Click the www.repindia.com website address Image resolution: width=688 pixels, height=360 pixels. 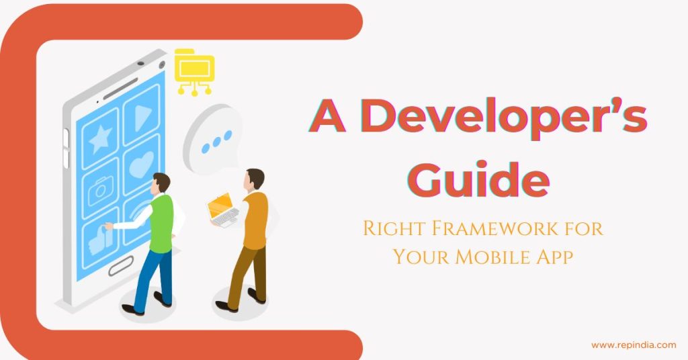tap(634, 345)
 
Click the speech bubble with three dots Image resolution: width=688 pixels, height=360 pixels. tap(214, 138)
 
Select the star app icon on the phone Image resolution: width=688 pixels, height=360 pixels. tap(101, 138)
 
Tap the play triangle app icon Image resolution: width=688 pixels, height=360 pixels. tap(141, 116)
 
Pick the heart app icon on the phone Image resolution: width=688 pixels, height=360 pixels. tap(141, 165)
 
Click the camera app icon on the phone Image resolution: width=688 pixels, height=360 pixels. tap(101, 189)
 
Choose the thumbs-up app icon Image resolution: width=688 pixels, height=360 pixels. tap(101, 239)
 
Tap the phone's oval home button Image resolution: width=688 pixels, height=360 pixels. tap(121, 266)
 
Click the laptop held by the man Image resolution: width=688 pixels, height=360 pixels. tap(222, 210)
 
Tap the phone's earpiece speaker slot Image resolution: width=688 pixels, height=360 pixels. tap(120, 89)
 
